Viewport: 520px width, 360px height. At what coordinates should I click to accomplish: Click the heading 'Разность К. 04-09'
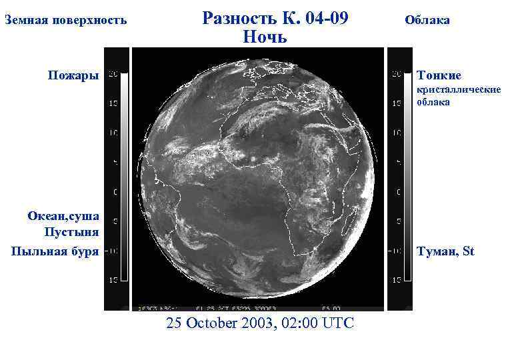[275, 18]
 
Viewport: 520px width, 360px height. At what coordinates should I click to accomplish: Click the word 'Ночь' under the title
[265, 37]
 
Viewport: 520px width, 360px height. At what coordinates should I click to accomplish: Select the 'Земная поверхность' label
[65, 20]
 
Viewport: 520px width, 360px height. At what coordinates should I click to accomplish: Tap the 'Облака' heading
[427, 20]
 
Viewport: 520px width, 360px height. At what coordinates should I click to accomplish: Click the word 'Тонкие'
[439, 75]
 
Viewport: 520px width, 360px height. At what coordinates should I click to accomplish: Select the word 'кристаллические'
[458, 89]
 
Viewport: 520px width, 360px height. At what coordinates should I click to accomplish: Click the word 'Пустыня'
[71, 232]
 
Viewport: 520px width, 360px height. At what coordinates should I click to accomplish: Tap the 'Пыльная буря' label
[55, 251]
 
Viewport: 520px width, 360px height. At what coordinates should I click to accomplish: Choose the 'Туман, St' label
[445, 251]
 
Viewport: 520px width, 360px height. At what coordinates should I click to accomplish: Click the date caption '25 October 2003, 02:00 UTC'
[261, 323]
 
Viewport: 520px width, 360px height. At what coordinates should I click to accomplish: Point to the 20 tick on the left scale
[113, 74]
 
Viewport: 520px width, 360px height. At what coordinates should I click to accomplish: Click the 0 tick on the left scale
[115, 193]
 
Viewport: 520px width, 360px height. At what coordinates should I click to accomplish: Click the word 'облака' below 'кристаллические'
[433, 103]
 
